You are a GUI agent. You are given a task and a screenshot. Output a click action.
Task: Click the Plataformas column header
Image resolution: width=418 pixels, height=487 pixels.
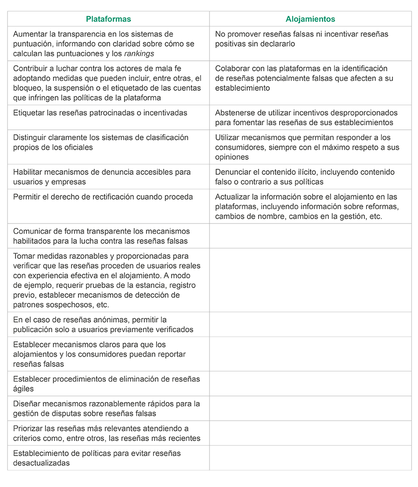pyautogui.click(x=108, y=19)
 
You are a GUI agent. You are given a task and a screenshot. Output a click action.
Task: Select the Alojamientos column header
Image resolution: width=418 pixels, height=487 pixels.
pyautogui.click(x=310, y=19)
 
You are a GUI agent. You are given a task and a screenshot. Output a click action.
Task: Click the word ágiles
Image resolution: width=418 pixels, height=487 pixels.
pyautogui.click(x=23, y=389)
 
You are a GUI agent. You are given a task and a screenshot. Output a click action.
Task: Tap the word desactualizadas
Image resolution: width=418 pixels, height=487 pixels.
pyautogui.click(x=41, y=463)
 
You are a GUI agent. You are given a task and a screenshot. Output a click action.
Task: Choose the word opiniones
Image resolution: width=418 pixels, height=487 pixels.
pyautogui.click(x=232, y=157)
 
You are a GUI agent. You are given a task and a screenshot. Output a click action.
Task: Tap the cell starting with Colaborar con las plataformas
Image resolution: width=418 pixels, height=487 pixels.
pyautogui.click(x=310, y=78)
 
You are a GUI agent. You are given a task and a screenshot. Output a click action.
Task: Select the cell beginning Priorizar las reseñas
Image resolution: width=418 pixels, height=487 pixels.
pyautogui.click(x=108, y=433)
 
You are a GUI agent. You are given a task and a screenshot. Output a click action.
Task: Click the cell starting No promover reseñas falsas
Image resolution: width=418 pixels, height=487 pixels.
pyautogui.click(x=310, y=39)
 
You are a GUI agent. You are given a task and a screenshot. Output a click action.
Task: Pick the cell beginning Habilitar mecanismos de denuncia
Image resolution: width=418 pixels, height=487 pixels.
pyautogui.click(x=108, y=177)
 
